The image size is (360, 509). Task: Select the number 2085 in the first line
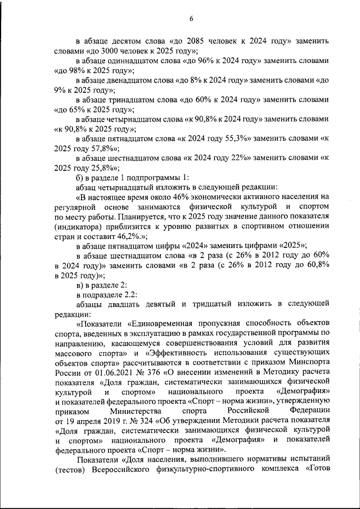(x=194, y=42)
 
